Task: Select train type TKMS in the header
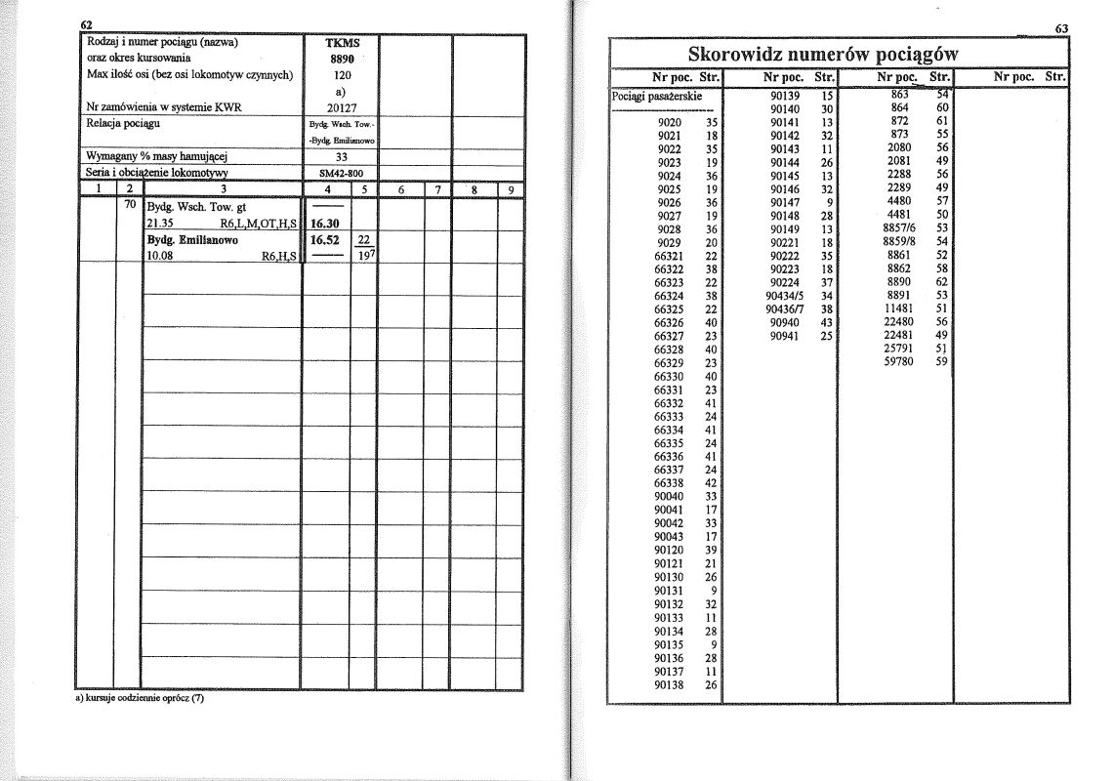click(342, 43)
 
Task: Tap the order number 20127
click(342, 107)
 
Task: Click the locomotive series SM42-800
click(341, 172)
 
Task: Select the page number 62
click(87, 24)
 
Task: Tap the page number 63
click(1062, 28)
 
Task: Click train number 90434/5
click(785, 296)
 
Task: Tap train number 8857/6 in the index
click(899, 227)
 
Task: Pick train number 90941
click(785, 336)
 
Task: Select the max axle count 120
click(342, 74)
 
